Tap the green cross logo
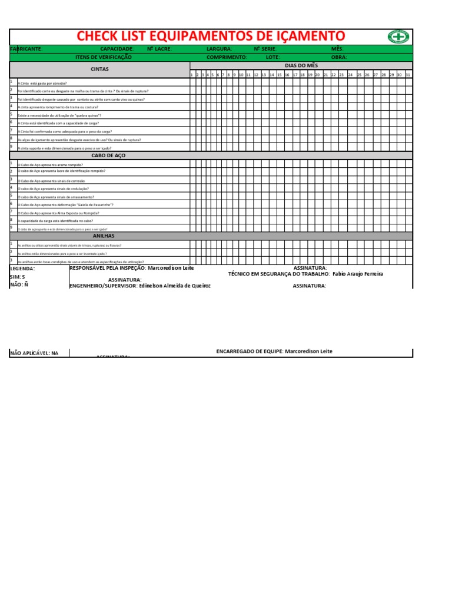pos(398,37)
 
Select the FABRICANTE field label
pos(26,49)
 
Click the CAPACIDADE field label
pos(117,49)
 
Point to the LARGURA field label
pos(219,49)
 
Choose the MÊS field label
pos(337,49)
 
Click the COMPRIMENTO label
pos(227,57)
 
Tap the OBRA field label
pos(339,57)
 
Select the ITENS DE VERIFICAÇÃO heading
pos(104,57)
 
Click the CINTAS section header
pos(99,69)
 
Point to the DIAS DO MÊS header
pos(301,65)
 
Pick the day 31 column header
pos(408,75)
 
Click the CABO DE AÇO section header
pos(109,155)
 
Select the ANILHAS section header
pos(104,236)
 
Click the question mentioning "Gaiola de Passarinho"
pos(66,205)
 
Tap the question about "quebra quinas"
pos(60,116)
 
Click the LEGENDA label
pos(22,269)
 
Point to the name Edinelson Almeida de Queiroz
pos(174,286)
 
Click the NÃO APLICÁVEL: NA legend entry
pos(34,353)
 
